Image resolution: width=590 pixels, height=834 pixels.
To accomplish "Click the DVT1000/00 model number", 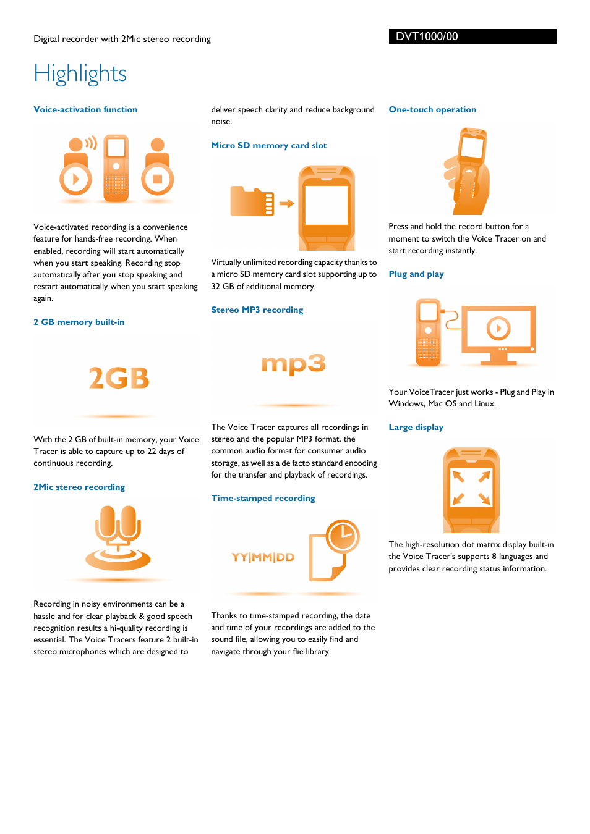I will [427, 36].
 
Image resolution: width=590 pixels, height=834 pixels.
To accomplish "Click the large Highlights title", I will [80, 74].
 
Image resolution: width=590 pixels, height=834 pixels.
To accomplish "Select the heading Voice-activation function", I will [85, 109].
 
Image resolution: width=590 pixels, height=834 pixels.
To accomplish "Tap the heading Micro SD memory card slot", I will [269, 145].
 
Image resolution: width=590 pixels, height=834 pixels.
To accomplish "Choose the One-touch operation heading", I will [432, 109].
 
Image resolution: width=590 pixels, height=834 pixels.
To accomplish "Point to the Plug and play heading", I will [416, 274].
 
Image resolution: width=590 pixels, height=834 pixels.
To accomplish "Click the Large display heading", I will [416, 427].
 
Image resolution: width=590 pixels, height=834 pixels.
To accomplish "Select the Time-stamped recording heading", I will [263, 498].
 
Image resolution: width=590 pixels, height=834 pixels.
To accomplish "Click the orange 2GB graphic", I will [119, 378].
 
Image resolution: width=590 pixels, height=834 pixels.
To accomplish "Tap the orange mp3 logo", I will [294, 364].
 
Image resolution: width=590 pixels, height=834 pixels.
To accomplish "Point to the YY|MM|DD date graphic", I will [263, 557].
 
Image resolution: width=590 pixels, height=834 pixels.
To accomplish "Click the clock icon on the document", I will [343, 536].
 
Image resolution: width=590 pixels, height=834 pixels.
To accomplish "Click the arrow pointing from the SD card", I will [286, 203].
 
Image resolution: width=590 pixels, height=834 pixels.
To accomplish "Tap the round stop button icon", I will [157, 179].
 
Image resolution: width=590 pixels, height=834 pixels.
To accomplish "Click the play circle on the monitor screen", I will [498, 328].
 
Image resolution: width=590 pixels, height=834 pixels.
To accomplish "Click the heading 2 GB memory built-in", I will [79, 322].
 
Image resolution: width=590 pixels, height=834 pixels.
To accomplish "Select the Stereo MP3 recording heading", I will [257, 310].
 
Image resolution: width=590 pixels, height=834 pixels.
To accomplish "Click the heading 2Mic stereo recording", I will [79, 487].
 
